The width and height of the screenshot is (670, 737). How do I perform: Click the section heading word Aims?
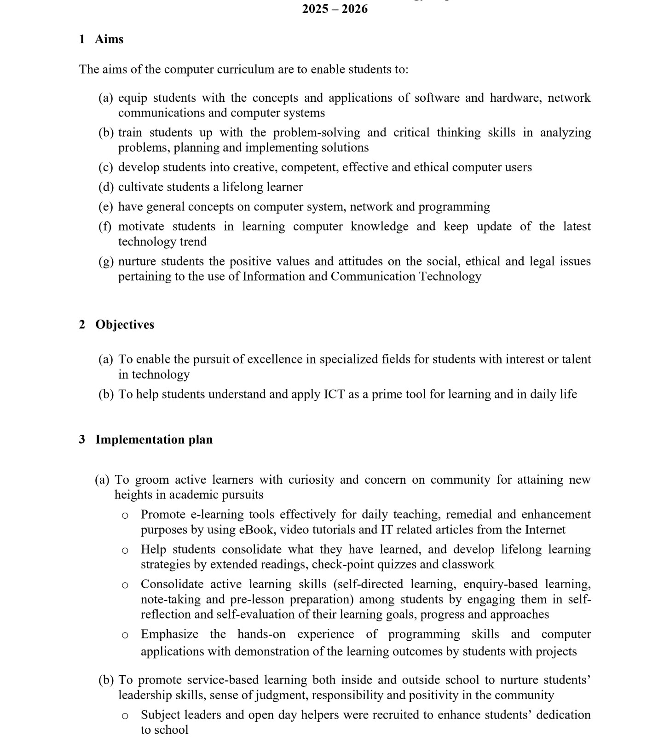[x=109, y=39]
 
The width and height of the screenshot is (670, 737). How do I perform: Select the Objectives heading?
[x=125, y=324]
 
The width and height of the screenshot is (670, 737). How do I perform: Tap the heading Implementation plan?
[x=154, y=439]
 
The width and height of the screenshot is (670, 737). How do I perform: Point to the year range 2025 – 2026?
[x=335, y=9]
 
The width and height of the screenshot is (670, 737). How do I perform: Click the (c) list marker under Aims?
[x=105, y=167]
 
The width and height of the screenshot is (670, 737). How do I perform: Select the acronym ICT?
[x=335, y=394]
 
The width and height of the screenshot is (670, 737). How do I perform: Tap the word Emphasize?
[x=169, y=634]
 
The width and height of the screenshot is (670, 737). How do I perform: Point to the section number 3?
[x=82, y=439]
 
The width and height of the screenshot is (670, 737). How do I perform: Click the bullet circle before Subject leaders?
[x=125, y=716]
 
